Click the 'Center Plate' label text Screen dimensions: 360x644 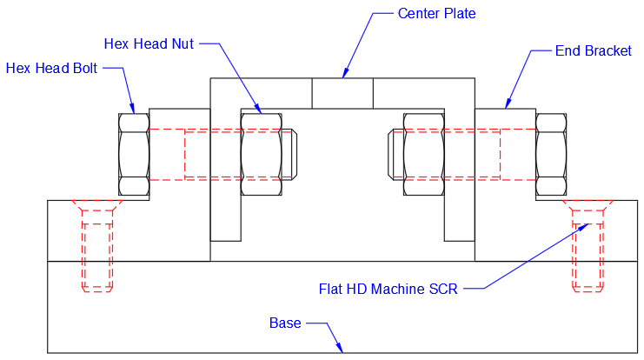(436, 13)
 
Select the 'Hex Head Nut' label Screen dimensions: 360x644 (149, 43)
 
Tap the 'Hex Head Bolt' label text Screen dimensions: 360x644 (51, 69)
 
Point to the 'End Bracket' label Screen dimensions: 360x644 (593, 51)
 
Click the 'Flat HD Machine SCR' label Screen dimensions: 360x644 (388, 288)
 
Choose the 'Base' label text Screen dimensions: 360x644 (285, 323)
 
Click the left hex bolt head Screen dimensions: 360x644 (133, 154)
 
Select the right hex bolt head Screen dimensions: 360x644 (550, 154)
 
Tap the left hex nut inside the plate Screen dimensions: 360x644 (261, 154)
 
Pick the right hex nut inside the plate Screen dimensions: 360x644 (423, 154)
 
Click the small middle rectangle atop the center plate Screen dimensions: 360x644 (342, 93)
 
